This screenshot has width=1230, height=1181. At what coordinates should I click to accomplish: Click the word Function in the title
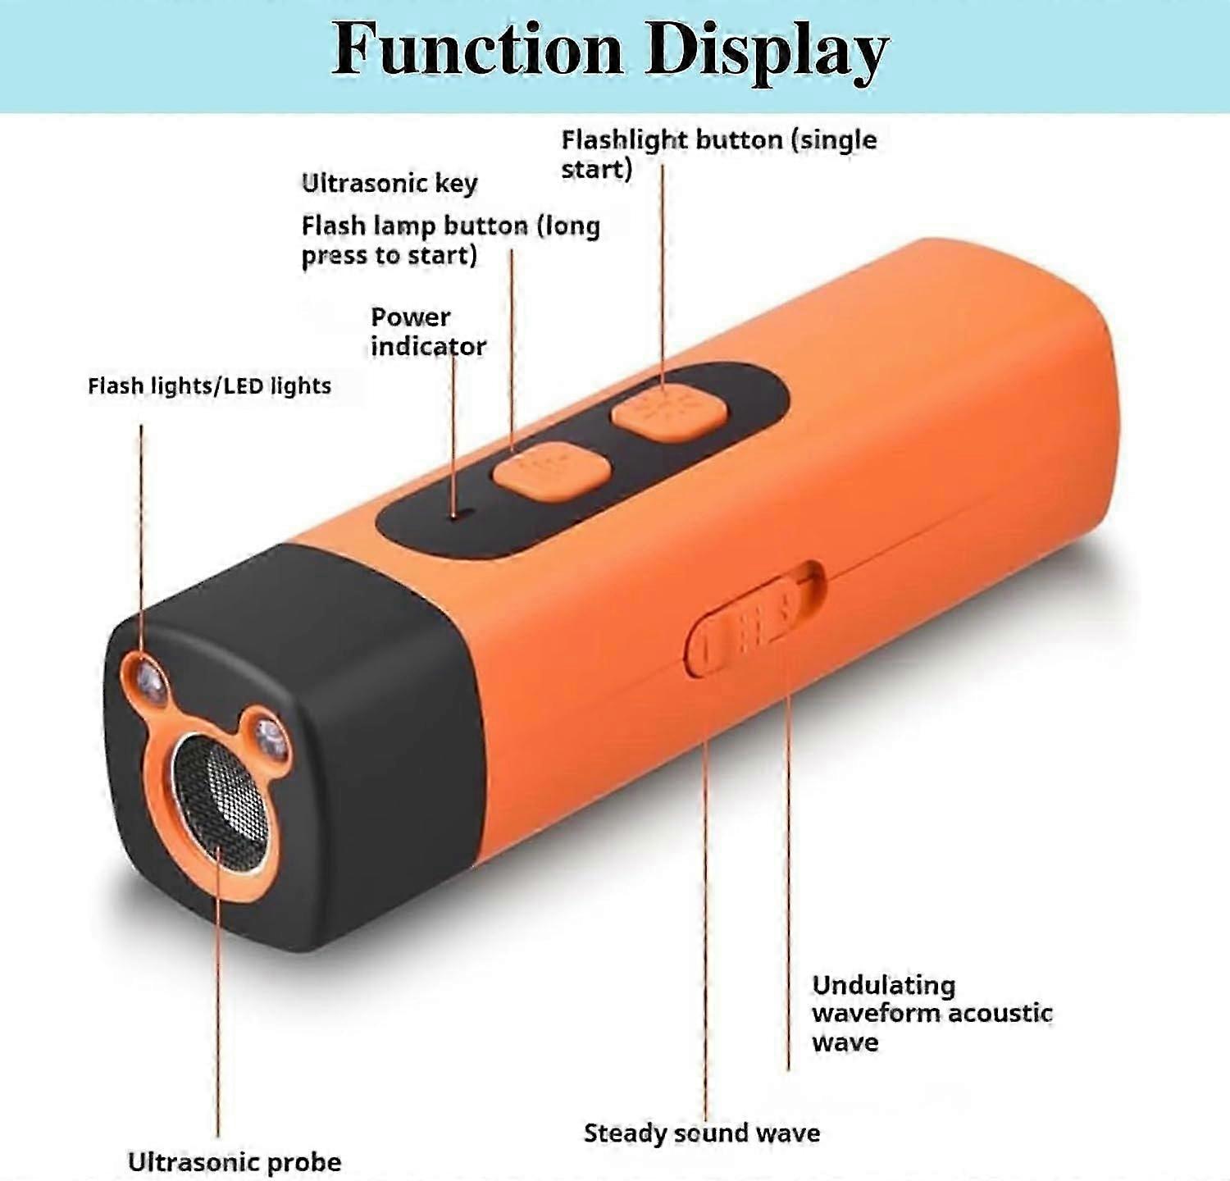pos(477,48)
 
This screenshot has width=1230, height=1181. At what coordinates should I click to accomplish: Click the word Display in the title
pos(767,52)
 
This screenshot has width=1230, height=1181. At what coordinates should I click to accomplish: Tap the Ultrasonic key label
pos(389,183)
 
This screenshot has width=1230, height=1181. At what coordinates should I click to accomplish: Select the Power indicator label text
pos(428,331)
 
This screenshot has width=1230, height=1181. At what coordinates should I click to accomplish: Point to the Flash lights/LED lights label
pos(209,385)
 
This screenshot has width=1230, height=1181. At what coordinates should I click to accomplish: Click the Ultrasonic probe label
pos(235,1161)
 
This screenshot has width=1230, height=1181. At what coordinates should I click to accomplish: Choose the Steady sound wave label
pos(702,1133)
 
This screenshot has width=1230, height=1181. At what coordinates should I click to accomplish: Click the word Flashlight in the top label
pos(624,140)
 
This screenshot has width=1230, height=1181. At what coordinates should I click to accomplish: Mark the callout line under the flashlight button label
pos(663,276)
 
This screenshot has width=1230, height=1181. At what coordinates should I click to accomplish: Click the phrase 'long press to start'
pos(451,240)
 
